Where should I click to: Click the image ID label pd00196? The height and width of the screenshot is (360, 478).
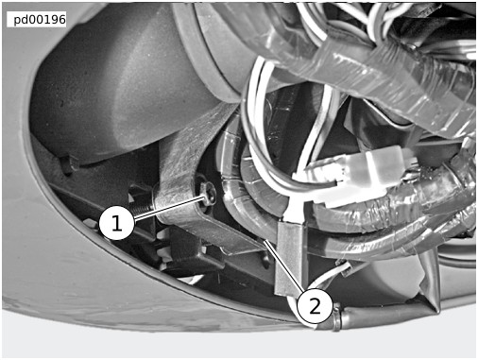pos(40,20)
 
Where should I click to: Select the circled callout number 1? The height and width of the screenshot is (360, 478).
pos(116,223)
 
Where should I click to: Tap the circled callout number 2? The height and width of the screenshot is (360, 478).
pos(315,306)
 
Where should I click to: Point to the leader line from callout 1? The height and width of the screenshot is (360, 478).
pos(169,207)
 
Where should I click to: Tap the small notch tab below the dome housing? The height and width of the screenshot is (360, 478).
pos(68,163)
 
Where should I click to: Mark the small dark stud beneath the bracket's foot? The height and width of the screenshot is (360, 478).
pos(266,259)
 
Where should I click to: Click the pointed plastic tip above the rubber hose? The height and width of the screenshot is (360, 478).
pos(432,283)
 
